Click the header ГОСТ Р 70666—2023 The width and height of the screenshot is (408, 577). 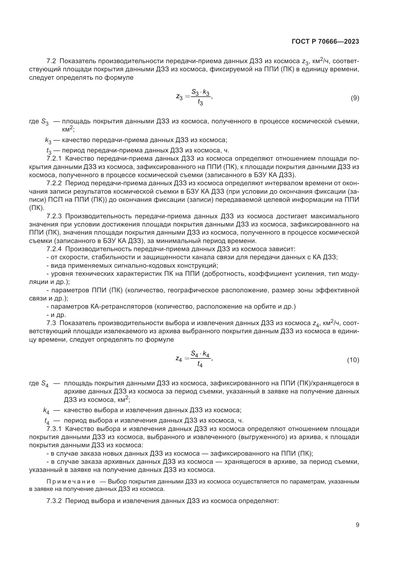(x=325, y=42)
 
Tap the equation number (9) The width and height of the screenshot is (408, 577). (x=355, y=98)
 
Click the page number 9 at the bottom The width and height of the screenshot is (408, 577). (x=357, y=525)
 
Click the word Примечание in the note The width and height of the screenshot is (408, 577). (x=71, y=482)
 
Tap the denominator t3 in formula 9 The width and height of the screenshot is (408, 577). (x=200, y=103)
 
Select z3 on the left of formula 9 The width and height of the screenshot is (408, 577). (x=179, y=96)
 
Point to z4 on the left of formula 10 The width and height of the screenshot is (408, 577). (x=179, y=359)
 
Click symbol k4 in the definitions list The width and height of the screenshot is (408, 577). (x=46, y=411)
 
